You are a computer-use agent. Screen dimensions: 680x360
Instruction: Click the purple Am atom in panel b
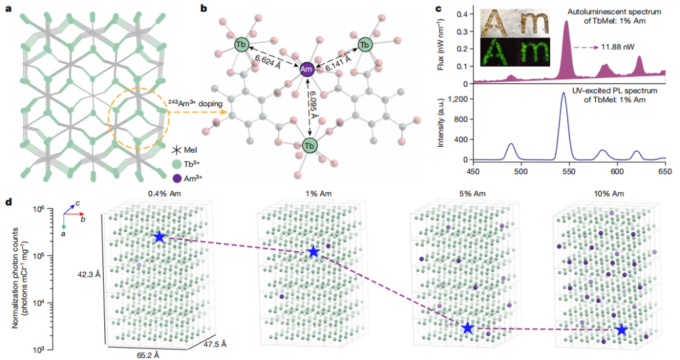coord(306,69)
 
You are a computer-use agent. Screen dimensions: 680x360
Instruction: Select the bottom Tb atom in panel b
coord(309,145)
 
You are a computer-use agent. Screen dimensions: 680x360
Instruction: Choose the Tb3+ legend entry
coord(186,164)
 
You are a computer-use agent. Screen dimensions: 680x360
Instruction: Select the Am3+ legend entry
coord(187,178)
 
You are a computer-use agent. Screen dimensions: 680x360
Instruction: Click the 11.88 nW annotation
coord(617,47)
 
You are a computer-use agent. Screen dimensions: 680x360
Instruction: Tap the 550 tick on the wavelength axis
coord(569,172)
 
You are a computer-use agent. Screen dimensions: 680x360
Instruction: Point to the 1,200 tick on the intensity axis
coord(458,99)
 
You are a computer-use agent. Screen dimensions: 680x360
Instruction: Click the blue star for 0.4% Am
coord(160,237)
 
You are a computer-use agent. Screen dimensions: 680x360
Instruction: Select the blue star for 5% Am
coord(467,328)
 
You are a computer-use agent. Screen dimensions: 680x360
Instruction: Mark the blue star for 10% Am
coord(622,330)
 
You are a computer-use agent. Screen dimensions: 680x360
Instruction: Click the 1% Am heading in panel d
coord(319,194)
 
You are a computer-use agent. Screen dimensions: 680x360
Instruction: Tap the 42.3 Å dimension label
coord(89,274)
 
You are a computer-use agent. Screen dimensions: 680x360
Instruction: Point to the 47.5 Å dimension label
coord(215,344)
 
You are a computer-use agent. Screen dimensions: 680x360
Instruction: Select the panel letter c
coord(438,9)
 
